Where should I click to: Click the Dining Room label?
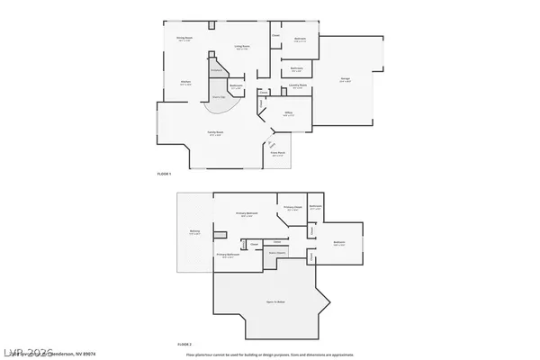(184, 39)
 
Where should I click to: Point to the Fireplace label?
(216, 69)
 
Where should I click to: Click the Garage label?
(345, 79)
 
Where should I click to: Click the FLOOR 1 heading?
(164, 172)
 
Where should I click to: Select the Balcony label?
(194, 232)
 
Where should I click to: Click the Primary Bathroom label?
(228, 256)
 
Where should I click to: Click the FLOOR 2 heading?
(184, 345)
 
